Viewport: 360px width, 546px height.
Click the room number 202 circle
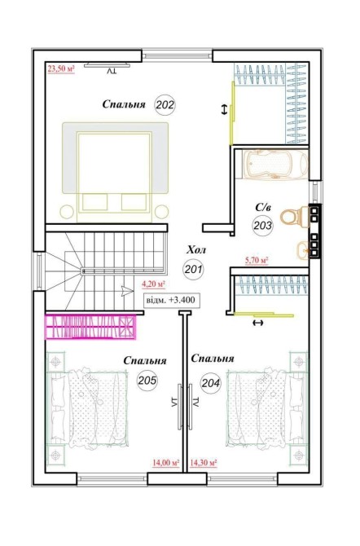click(x=165, y=104)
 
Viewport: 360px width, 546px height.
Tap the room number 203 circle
click(x=263, y=226)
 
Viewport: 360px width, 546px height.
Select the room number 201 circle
click(x=193, y=269)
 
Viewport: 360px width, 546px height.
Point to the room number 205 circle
click(x=147, y=381)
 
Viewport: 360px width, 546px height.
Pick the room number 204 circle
click(x=211, y=383)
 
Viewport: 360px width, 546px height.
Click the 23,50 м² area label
click(x=61, y=68)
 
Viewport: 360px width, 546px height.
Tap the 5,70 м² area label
click(x=257, y=260)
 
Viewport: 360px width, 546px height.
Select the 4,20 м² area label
click(x=153, y=284)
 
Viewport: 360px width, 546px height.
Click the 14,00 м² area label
click(x=165, y=463)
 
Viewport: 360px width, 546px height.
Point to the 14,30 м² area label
click(x=204, y=463)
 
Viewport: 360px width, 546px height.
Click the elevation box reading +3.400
click(x=172, y=300)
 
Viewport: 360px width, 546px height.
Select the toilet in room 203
click(x=295, y=217)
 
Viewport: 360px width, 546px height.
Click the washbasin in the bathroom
click(x=302, y=249)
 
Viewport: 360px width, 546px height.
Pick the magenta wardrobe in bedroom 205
click(x=90, y=327)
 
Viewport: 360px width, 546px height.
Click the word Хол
click(x=196, y=250)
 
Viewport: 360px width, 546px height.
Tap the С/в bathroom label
click(x=263, y=208)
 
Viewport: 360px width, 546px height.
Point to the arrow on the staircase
click(x=127, y=291)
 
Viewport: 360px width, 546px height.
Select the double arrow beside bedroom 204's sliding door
click(x=258, y=324)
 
